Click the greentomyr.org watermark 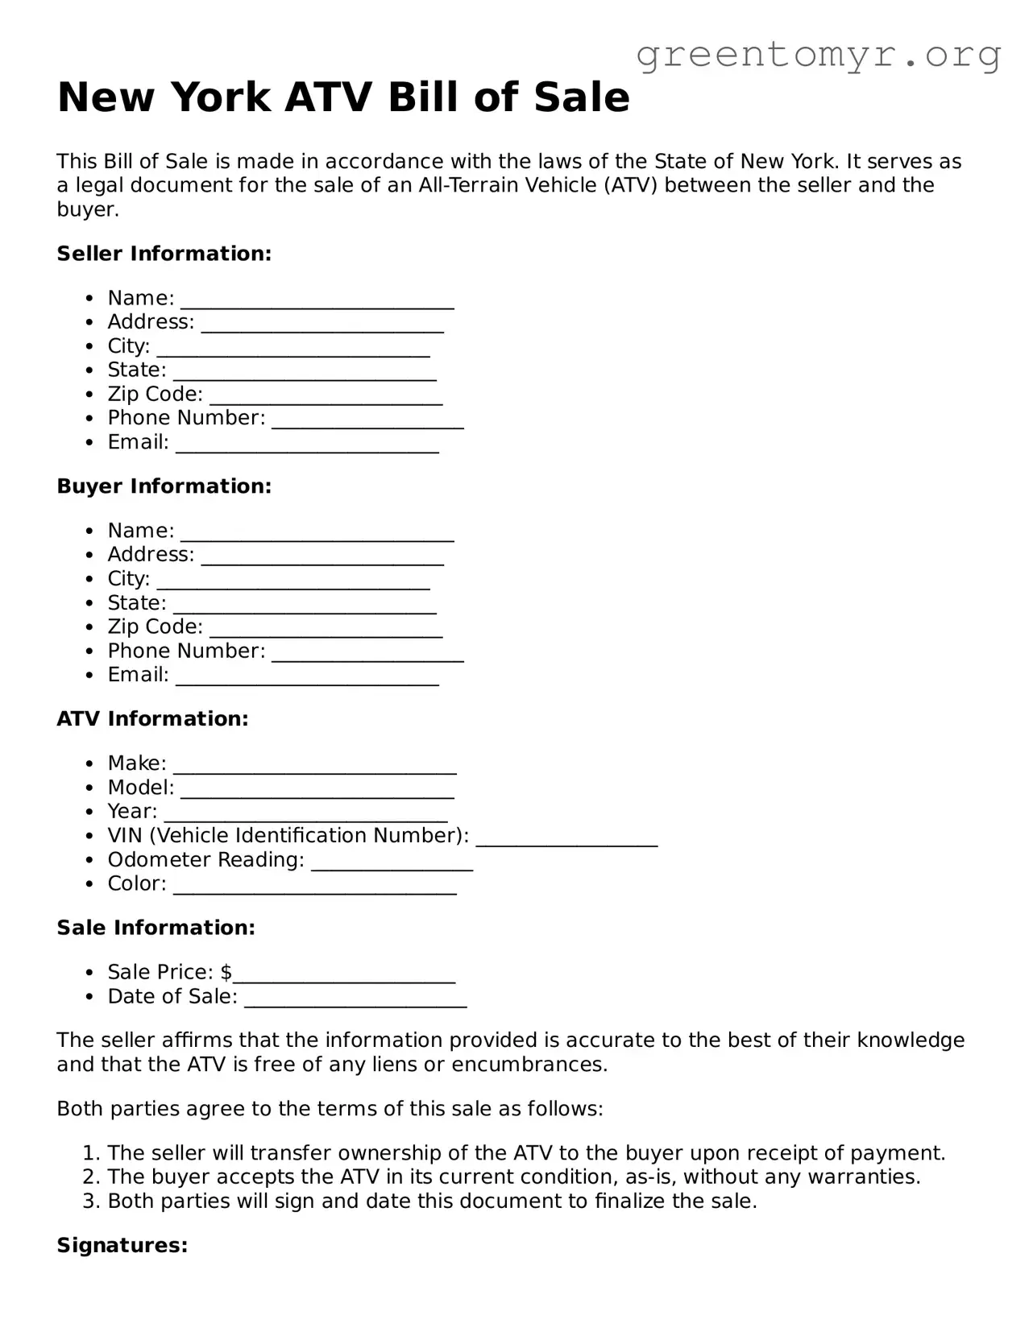(x=819, y=55)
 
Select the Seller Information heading (x=164, y=254)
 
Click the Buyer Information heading (x=164, y=486)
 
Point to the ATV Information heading (x=152, y=719)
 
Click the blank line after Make (x=315, y=768)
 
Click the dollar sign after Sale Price (x=226, y=973)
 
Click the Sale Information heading (x=156, y=928)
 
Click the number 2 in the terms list (x=89, y=1177)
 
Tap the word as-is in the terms (x=651, y=1177)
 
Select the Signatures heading (x=122, y=1246)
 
